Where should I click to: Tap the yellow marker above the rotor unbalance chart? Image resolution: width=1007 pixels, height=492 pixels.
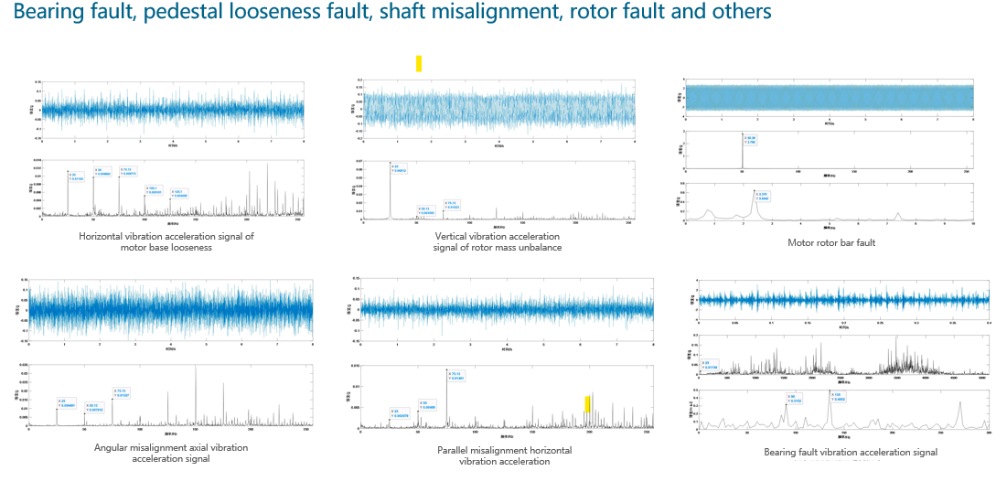[x=419, y=63]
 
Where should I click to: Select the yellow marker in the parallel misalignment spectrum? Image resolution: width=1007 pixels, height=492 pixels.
[x=588, y=403]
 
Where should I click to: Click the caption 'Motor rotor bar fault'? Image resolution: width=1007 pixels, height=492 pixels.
[x=831, y=242]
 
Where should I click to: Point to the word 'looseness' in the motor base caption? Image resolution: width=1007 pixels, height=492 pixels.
[x=190, y=247]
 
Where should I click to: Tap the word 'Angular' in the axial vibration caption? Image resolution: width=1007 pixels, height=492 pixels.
[x=113, y=447]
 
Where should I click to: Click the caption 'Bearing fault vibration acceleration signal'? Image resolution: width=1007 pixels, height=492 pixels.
[x=851, y=452]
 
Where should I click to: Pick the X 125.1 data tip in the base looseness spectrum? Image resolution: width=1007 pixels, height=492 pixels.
[x=179, y=193]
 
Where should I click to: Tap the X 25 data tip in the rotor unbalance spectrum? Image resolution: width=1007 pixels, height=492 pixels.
[x=400, y=168]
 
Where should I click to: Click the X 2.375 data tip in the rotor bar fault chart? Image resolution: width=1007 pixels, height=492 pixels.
[x=763, y=196]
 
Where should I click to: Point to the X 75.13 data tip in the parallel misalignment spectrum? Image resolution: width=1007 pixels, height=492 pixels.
[x=455, y=376]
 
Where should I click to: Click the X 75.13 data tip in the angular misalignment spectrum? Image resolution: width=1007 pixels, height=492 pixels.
[x=122, y=393]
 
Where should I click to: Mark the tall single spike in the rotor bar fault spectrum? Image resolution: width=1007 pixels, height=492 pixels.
[x=741, y=152]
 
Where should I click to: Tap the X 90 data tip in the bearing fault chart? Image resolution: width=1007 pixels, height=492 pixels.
[x=794, y=398]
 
